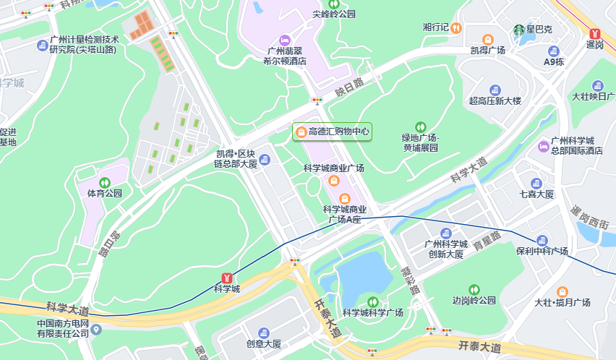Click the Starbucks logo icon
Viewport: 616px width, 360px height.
coord(518,30)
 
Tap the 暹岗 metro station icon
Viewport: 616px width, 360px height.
coord(594,33)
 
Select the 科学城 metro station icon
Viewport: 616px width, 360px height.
coord(226,278)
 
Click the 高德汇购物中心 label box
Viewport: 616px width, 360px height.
coord(332,132)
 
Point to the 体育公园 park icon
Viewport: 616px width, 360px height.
coord(105,182)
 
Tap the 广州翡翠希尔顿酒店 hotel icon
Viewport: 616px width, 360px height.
coord(284,40)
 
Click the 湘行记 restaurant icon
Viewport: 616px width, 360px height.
coord(456,27)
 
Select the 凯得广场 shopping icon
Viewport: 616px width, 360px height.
coord(488,39)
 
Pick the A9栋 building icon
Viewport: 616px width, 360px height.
coord(554,51)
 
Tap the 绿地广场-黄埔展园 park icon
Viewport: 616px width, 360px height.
coord(421,127)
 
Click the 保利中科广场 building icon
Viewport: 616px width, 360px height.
coord(542,240)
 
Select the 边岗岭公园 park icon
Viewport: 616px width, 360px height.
coord(474,289)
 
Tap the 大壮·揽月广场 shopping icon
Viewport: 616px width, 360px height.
coord(562,291)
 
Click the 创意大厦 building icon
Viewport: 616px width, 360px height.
coord(263,333)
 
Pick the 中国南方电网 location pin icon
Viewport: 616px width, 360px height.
coord(96,329)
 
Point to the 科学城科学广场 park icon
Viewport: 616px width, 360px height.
coord(373,301)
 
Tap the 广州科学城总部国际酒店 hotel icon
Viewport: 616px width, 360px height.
coord(543,146)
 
